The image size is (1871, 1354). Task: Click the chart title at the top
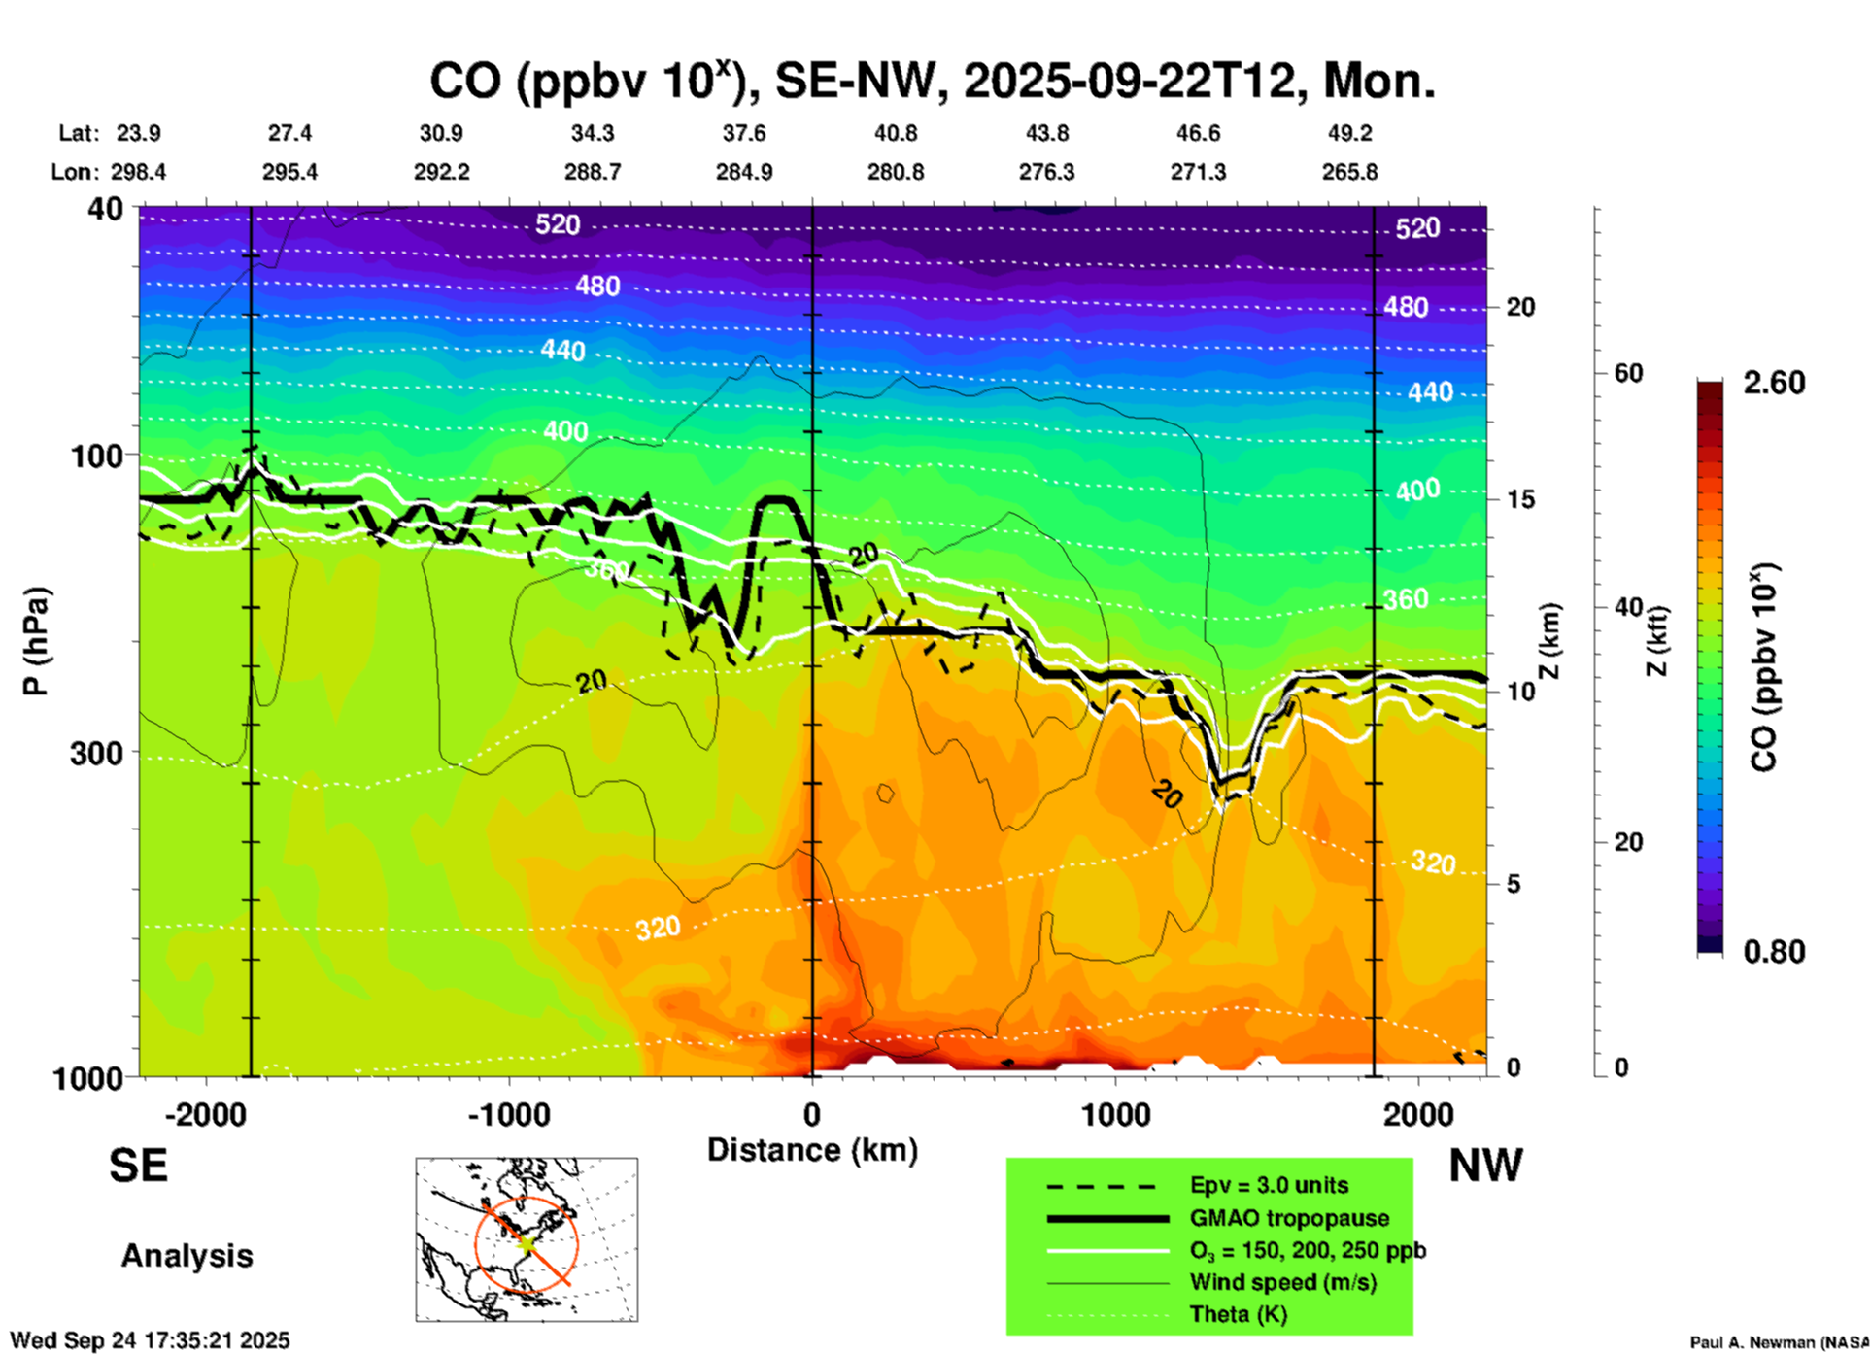click(933, 81)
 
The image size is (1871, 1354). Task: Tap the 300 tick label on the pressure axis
click(96, 753)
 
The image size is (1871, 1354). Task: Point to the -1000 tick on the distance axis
click(509, 1115)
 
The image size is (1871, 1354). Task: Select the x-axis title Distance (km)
click(812, 1150)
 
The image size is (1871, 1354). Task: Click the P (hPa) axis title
click(36, 641)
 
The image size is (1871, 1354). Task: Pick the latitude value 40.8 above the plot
click(895, 133)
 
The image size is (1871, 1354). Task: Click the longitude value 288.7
click(592, 172)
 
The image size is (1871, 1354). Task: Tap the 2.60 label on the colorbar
click(1774, 383)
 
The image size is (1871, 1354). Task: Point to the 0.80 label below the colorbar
click(1774, 952)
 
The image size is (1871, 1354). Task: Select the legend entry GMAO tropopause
click(1289, 1218)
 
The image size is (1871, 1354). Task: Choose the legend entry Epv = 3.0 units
click(1269, 1185)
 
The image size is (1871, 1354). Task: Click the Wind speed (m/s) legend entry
click(1282, 1282)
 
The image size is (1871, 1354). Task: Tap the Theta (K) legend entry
click(1238, 1314)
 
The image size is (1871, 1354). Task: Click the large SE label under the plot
click(138, 1165)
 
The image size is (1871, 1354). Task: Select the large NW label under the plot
click(1485, 1165)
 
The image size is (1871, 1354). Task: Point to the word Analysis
click(187, 1256)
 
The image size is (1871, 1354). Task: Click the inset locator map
click(527, 1239)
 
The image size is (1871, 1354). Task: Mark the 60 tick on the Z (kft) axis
click(1628, 373)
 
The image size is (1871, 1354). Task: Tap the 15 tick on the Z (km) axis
click(1519, 499)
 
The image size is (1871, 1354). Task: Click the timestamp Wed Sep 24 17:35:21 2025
click(151, 1340)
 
